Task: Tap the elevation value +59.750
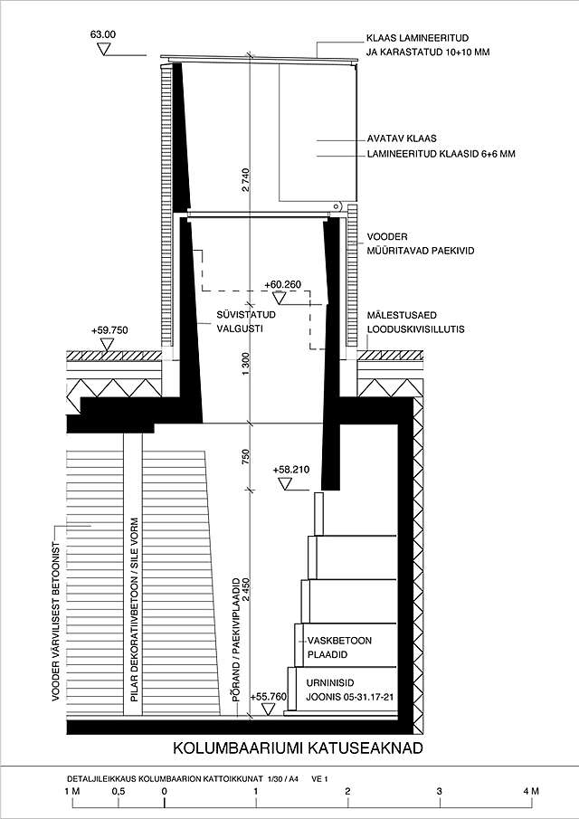[x=109, y=330]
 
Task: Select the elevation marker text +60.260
[x=283, y=284]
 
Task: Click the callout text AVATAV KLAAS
[x=402, y=138]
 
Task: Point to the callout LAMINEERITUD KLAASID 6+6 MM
[x=441, y=155]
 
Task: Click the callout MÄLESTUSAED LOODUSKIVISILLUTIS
[x=416, y=323]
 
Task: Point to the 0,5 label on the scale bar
[x=118, y=794]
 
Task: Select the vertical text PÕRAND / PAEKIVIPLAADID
[x=235, y=634]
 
